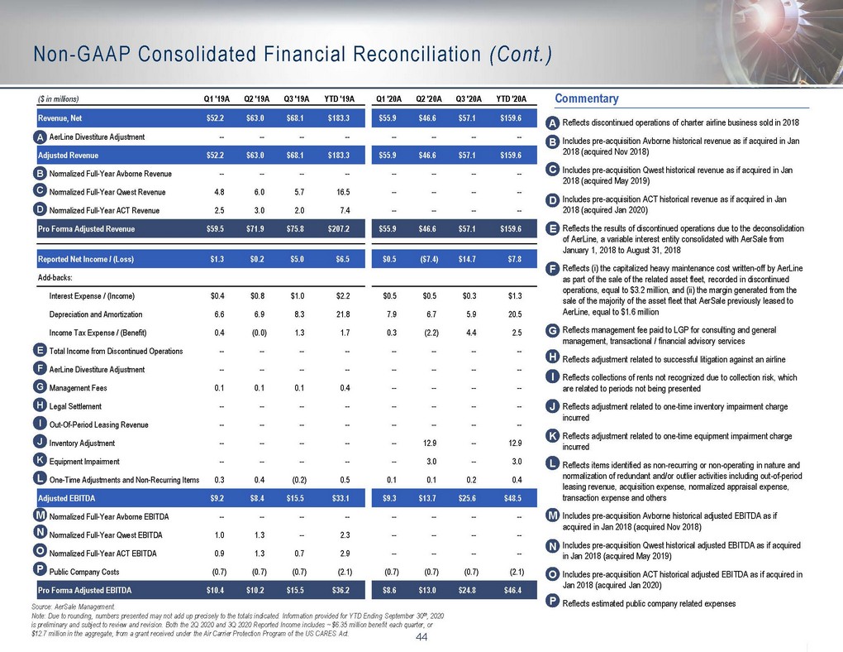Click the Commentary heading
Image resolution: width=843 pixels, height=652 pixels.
[587, 98]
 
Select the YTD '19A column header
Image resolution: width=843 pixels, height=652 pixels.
[339, 99]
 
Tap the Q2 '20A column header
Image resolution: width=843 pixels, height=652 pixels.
[429, 99]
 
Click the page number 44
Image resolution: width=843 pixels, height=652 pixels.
[421, 637]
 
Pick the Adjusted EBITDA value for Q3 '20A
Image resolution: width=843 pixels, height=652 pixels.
[467, 499]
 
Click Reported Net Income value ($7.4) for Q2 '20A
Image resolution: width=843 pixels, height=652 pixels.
[428, 260]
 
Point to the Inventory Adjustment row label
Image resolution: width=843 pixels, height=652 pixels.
[82, 443]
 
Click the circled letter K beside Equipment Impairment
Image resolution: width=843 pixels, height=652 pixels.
[39, 460]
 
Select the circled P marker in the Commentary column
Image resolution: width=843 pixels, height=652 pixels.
[553, 602]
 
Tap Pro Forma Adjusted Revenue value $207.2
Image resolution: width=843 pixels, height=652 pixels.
[339, 229]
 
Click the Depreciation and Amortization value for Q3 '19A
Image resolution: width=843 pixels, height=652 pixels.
[299, 314]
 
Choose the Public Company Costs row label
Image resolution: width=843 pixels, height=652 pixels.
[84, 572]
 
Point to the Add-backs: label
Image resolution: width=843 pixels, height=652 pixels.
[55, 278]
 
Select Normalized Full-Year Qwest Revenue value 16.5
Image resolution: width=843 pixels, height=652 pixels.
[343, 192]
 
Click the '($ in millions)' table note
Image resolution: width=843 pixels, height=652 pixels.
[58, 99]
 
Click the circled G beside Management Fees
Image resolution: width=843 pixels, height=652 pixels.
[39, 386]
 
